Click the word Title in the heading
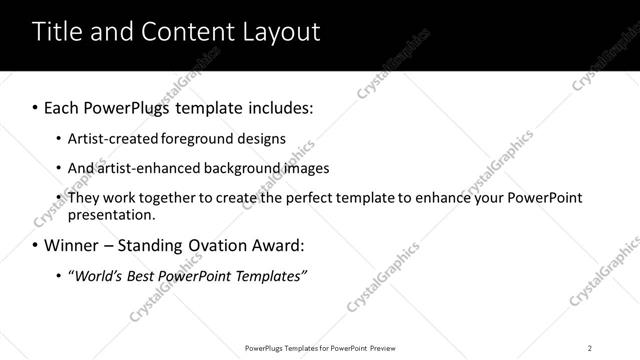click(x=58, y=32)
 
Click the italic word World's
click(x=98, y=275)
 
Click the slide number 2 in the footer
click(x=590, y=347)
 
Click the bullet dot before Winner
click(x=36, y=245)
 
